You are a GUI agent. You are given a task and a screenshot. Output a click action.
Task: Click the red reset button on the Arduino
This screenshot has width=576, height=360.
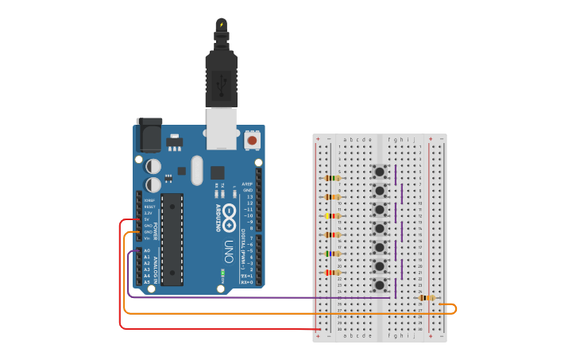252,140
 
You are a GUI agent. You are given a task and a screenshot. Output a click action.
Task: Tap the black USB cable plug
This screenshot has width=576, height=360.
221,75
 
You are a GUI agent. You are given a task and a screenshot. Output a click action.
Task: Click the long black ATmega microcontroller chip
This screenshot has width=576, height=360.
172,238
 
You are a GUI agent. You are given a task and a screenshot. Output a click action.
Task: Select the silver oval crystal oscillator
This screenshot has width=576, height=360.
197,170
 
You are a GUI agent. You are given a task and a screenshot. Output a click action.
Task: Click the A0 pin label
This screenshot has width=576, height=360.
147,250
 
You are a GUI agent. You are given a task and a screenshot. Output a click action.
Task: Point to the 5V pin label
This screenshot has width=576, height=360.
147,219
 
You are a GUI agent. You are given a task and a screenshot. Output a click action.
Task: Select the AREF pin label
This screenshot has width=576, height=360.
249,184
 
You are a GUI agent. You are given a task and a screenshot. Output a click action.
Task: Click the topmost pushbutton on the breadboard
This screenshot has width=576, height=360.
381,172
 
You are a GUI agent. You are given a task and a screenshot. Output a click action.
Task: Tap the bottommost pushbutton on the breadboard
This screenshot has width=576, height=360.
381,284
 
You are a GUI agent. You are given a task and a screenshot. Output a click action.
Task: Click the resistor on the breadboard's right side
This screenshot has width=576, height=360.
427,298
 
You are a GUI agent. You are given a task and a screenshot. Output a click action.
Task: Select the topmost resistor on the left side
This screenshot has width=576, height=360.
333,178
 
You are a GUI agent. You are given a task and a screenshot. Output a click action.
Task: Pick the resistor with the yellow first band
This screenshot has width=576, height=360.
333,215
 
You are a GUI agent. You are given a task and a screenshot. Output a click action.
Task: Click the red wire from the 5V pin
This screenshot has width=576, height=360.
121,278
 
